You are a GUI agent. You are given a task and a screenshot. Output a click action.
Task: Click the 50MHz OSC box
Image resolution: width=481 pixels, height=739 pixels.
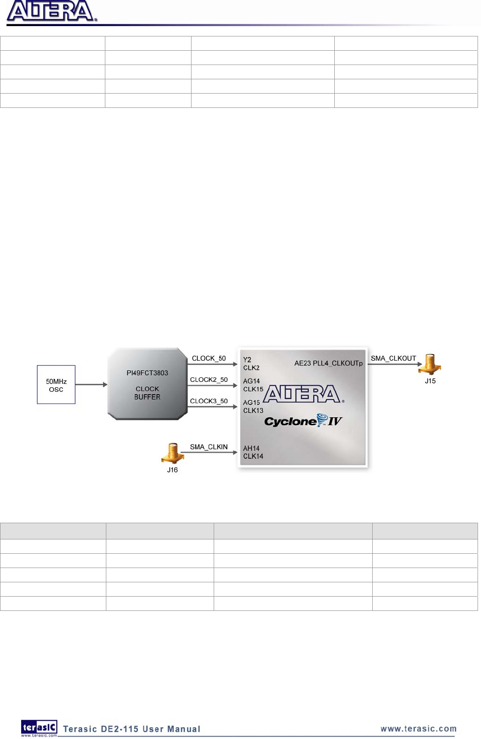(56, 385)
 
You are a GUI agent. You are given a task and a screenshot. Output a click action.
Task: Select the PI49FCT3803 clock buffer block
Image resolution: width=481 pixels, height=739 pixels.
(147, 384)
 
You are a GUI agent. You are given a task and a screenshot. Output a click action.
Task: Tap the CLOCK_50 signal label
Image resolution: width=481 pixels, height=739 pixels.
(209, 358)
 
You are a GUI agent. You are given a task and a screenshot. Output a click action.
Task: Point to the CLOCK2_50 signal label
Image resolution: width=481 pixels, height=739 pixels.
(209, 379)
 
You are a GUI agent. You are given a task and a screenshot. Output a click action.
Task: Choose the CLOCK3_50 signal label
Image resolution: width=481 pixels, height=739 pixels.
(209, 401)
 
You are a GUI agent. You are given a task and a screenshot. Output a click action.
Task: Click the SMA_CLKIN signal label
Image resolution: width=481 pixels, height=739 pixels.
(209, 447)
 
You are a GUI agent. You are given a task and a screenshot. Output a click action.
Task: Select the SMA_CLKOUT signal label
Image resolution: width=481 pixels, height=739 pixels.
(393, 358)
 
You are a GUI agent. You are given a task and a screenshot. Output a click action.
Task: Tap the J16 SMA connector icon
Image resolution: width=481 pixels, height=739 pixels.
(172, 453)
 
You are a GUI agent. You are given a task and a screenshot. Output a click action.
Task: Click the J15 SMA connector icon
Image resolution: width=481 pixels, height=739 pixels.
(430, 365)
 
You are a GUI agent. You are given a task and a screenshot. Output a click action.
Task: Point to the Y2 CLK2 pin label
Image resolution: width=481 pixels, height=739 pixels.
(251, 364)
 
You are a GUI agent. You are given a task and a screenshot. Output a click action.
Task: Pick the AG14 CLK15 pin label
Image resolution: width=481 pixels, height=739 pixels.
(253, 385)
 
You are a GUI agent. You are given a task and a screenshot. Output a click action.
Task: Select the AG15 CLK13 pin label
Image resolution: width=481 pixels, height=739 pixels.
(253, 406)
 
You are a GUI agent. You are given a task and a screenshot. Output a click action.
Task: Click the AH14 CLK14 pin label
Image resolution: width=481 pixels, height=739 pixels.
(253, 452)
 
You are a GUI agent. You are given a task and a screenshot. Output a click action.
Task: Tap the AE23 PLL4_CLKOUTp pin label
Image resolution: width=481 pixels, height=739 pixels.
(328, 363)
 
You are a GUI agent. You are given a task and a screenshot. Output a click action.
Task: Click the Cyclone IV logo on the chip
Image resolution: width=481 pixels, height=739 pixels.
(303, 421)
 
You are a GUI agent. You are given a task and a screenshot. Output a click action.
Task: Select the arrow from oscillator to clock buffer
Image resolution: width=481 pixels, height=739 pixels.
(91, 384)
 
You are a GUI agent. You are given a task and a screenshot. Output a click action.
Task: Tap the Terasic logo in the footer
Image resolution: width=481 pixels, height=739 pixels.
(39, 728)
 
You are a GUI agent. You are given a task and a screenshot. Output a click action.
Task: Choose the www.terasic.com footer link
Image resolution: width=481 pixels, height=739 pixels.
(418, 729)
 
